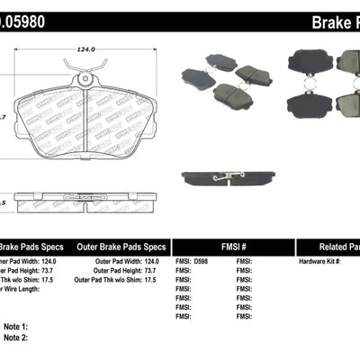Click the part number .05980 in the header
click(26, 19)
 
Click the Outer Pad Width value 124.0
click(156, 261)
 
